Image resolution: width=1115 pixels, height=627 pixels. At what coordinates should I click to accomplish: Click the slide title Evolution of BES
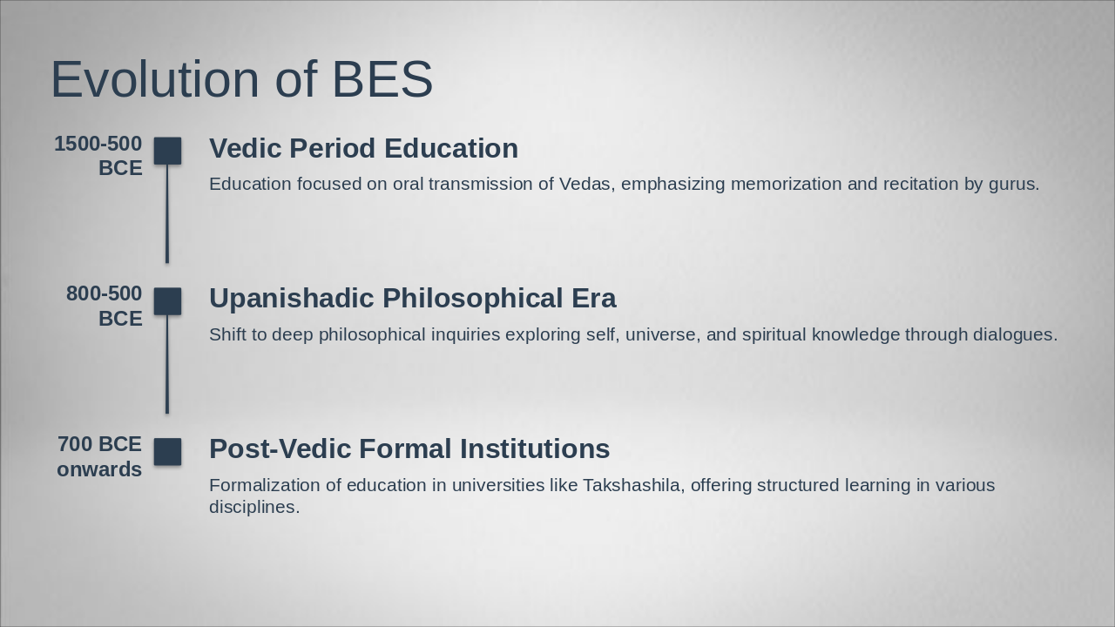pos(241,79)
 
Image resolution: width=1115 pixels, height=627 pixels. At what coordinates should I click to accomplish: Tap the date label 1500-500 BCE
pos(98,156)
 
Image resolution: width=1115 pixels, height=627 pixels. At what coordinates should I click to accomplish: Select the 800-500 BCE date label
pos(105,306)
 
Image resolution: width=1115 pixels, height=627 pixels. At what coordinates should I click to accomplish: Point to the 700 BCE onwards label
pos(99,456)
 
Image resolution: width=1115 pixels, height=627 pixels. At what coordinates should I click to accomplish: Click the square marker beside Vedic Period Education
pos(168,151)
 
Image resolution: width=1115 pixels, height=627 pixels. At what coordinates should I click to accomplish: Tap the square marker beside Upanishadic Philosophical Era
pos(168,301)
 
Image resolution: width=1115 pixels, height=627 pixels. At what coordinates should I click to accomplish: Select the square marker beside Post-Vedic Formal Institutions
pos(168,452)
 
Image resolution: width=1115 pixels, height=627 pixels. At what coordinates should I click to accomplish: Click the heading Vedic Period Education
pos(363,148)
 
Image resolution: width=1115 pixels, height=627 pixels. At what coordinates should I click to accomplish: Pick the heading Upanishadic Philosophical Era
pos(412,298)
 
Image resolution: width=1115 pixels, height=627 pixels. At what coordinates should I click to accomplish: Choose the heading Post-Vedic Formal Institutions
pos(409,448)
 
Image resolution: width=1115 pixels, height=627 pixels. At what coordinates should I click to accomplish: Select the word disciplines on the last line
pos(253,507)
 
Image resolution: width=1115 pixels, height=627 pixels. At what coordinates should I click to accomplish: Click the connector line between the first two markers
pos(167,213)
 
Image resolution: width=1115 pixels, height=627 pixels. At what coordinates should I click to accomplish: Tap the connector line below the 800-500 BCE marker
pos(167,364)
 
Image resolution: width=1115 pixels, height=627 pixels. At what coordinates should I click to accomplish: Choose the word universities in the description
pos(495,485)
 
